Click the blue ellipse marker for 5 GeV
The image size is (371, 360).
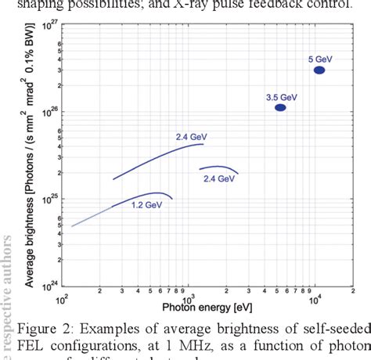pyautogui.click(x=319, y=70)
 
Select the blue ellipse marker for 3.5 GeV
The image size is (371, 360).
pyautogui.click(x=280, y=108)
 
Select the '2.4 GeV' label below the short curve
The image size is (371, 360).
pyautogui.click(x=219, y=179)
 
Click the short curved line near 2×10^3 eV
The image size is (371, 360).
pyautogui.click(x=218, y=167)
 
